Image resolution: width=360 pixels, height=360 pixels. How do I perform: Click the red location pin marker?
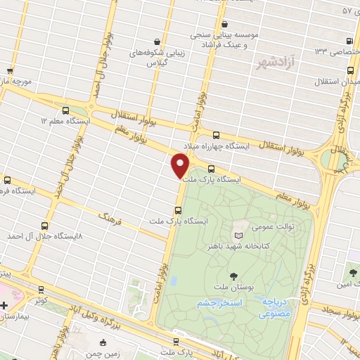point(181,166)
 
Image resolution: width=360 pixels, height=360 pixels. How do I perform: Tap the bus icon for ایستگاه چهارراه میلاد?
point(216,135)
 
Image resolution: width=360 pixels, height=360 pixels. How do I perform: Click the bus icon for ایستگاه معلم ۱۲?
point(66,110)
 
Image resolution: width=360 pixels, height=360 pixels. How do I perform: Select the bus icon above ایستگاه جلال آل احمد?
point(46,226)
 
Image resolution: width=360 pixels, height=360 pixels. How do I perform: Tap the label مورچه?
point(18,82)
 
